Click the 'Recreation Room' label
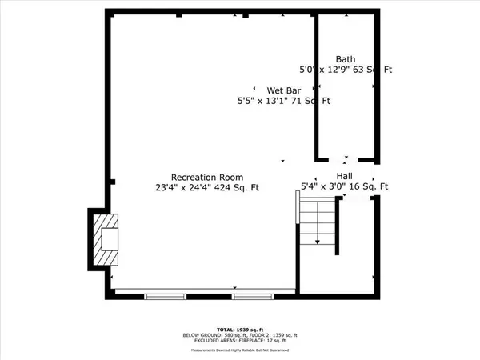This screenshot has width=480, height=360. tap(207, 177)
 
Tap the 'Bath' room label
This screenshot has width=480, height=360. tap(346, 59)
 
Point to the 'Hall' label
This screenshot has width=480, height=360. tap(345, 176)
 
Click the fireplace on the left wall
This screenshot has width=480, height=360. tap(103, 240)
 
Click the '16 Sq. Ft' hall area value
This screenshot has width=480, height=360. tap(370, 186)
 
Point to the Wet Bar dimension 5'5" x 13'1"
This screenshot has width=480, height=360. tap(265, 102)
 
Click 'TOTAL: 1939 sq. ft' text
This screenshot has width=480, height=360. tap(240, 329)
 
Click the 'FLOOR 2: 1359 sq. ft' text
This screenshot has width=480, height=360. tap(267, 334)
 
